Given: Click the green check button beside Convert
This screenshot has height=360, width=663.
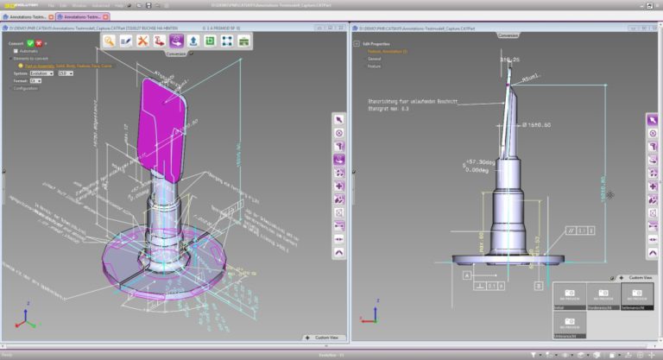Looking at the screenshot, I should (30, 42).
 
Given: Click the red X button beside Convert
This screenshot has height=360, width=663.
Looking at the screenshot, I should (40, 42).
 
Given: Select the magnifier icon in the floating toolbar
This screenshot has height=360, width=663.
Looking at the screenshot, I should (110, 41).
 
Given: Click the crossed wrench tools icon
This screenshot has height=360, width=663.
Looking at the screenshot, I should (143, 41).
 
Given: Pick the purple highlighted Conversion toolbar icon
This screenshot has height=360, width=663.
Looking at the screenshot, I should (176, 41).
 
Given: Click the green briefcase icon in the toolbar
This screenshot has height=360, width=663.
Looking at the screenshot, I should (243, 41).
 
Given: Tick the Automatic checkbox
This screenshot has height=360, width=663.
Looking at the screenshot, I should (16, 51).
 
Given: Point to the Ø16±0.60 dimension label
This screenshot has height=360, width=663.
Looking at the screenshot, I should (540, 125).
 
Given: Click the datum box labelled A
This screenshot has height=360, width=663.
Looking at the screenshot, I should (467, 275).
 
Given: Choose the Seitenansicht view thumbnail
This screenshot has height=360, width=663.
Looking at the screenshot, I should (637, 296).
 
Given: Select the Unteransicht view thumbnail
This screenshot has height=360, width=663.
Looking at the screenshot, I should (569, 325).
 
